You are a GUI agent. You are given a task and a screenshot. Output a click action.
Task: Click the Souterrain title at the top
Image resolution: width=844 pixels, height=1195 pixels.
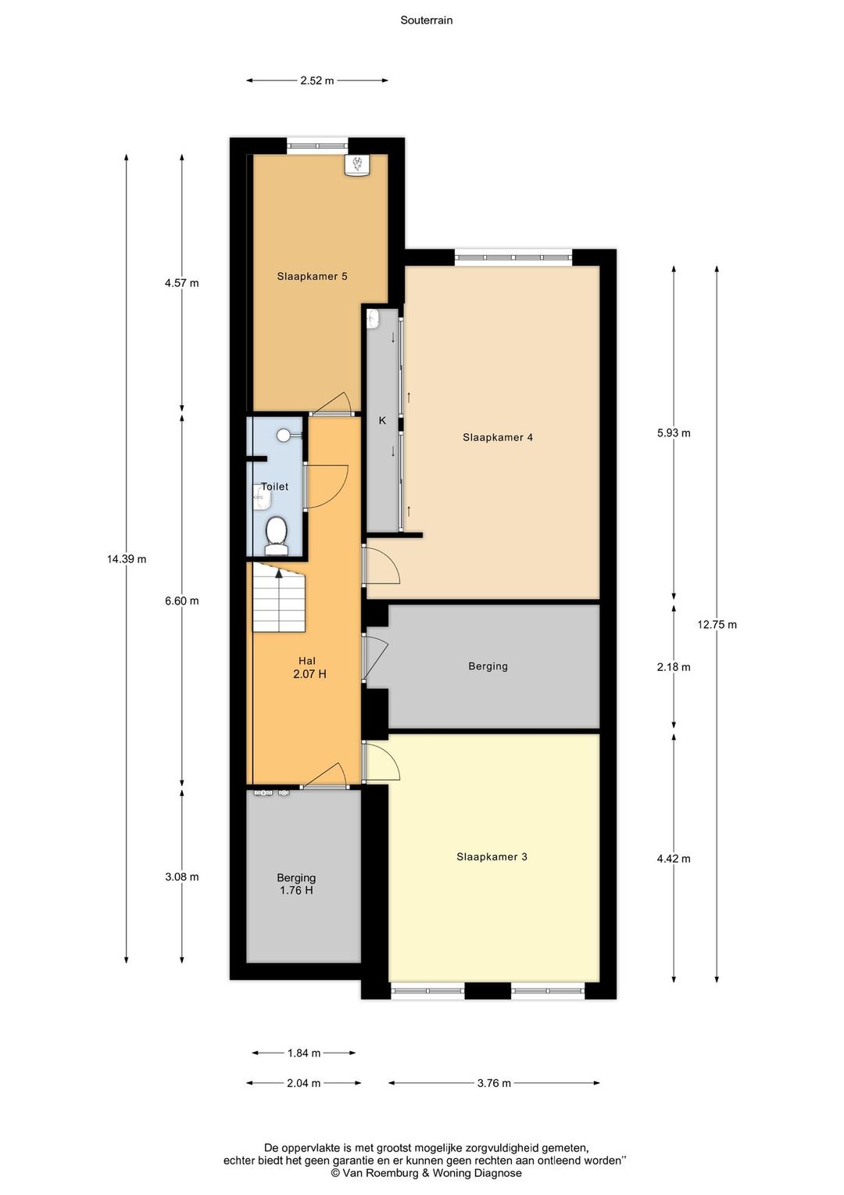point(427,20)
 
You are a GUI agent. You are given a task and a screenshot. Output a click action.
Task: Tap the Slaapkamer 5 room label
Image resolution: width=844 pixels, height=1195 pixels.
point(312,276)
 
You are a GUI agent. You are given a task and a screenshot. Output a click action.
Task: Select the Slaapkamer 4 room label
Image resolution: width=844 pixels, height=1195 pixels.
point(498,437)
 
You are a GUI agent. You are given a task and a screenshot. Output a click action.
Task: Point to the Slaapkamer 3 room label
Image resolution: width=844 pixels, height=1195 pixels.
point(492,857)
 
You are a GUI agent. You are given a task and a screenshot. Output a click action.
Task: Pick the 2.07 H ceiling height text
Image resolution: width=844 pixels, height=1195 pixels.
point(309,674)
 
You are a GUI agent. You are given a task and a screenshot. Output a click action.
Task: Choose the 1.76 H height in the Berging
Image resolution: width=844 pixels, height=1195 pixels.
point(296,890)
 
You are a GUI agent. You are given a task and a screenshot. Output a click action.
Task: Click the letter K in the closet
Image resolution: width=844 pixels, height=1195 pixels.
point(381,421)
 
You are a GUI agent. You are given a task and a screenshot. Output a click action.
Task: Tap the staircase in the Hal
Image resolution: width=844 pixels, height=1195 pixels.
point(278,597)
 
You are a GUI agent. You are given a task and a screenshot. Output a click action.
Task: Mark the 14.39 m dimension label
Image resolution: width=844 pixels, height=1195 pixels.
point(127,559)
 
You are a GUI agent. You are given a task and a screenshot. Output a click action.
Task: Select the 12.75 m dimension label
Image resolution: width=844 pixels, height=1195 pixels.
point(717,624)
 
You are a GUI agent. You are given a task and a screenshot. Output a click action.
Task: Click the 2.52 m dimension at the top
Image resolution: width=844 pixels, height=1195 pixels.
point(316,81)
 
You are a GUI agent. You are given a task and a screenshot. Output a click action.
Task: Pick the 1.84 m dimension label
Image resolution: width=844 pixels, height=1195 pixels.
point(304,1053)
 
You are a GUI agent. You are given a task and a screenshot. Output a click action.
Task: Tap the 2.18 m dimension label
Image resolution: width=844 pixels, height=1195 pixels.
point(674,667)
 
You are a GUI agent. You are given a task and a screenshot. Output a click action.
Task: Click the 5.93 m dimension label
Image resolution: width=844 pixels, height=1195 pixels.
point(674,432)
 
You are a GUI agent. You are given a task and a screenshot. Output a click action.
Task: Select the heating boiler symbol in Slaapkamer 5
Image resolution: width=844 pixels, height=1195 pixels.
point(357,165)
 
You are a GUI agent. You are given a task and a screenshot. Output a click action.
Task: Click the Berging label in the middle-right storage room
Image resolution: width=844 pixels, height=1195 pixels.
point(488,666)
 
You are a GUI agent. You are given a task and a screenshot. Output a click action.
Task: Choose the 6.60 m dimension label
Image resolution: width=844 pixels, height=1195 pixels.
point(182,601)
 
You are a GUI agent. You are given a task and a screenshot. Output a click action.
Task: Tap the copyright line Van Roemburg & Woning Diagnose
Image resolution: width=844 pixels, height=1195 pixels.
point(426,1173)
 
